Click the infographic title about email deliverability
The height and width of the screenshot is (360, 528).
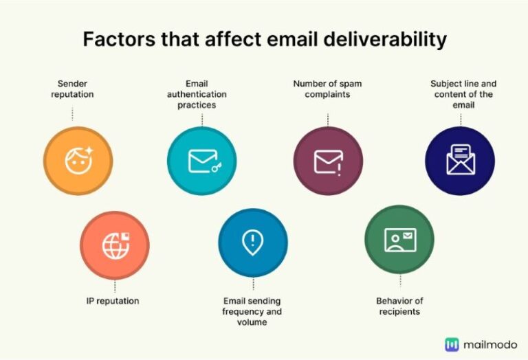click(265, 39)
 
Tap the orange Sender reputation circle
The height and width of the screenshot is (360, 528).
click(78, 161)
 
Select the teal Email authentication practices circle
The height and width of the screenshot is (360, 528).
click(201, 161)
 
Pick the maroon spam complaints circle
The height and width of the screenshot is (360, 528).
click(328, 161)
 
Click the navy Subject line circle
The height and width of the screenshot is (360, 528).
click(460, 161)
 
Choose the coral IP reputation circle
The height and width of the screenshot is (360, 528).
click(114, 245)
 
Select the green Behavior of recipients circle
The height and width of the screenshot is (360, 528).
click(399, 239)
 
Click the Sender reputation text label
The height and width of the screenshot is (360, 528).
click(72, 89)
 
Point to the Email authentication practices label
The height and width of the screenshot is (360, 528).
click(201, 95)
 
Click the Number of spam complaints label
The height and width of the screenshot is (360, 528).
click(327, 89)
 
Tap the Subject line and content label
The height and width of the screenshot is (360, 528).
click(463, 95)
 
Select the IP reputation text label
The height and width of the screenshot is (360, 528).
click(113, 301)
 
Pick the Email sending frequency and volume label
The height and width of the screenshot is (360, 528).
click(252, 311)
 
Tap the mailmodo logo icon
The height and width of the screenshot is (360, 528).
click(452, 344)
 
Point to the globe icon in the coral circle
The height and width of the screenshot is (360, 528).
click(113, 246)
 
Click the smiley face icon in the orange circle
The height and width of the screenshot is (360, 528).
click(77, 161)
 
